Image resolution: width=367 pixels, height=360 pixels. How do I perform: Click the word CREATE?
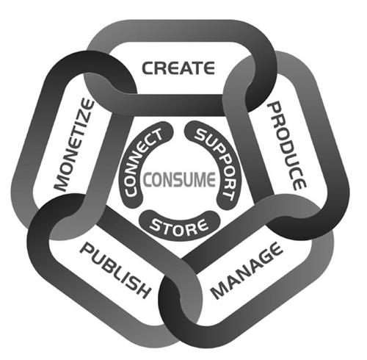tap(178, 68)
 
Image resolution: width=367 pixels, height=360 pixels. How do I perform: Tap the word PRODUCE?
tap(287, 146)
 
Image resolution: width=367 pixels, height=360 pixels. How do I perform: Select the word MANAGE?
tap(247, 270)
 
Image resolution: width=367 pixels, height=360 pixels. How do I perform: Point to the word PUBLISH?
tap(115, 271)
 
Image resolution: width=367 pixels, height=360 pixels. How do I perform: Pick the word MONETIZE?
tap(74, 145)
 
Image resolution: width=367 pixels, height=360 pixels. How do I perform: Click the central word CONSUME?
tap(179, 179)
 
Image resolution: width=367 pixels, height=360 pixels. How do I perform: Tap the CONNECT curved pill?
tap(145, 163)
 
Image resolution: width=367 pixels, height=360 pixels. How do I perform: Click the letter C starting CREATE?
tap(148, 68)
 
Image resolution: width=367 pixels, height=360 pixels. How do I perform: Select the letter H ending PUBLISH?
tap(142, 290)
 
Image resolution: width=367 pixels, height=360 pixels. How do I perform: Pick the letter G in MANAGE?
tap(266, 259)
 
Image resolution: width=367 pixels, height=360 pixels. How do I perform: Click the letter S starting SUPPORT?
tap(200, 134)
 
